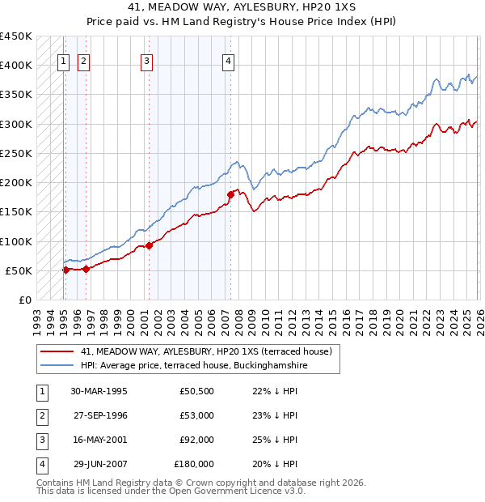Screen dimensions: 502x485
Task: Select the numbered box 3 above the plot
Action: pos(146,59)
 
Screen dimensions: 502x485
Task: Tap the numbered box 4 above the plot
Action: pos(229,59)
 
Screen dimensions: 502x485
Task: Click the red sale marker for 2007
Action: pos(230,194)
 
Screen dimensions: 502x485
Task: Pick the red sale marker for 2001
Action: pos(149,245)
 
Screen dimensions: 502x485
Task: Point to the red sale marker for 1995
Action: pos(65,270)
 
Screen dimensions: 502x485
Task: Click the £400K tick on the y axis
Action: pos(16,66)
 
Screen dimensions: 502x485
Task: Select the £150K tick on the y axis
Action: pos(16,212)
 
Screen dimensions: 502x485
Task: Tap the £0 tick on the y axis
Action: pos(24,300)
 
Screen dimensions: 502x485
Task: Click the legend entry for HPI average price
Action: pos(194,365)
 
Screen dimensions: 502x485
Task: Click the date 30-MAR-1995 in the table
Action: pos(99,391)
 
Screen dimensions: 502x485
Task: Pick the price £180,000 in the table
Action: pos(194,464)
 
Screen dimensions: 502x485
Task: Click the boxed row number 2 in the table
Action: pos(41,415)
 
